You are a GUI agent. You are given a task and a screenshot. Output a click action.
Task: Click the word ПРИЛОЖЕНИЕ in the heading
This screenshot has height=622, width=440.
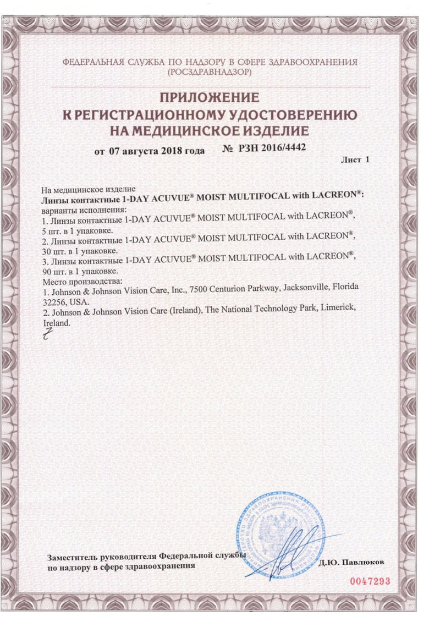[209, 98]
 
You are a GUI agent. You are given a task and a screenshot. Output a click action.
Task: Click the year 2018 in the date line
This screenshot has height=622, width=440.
[172, 151]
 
